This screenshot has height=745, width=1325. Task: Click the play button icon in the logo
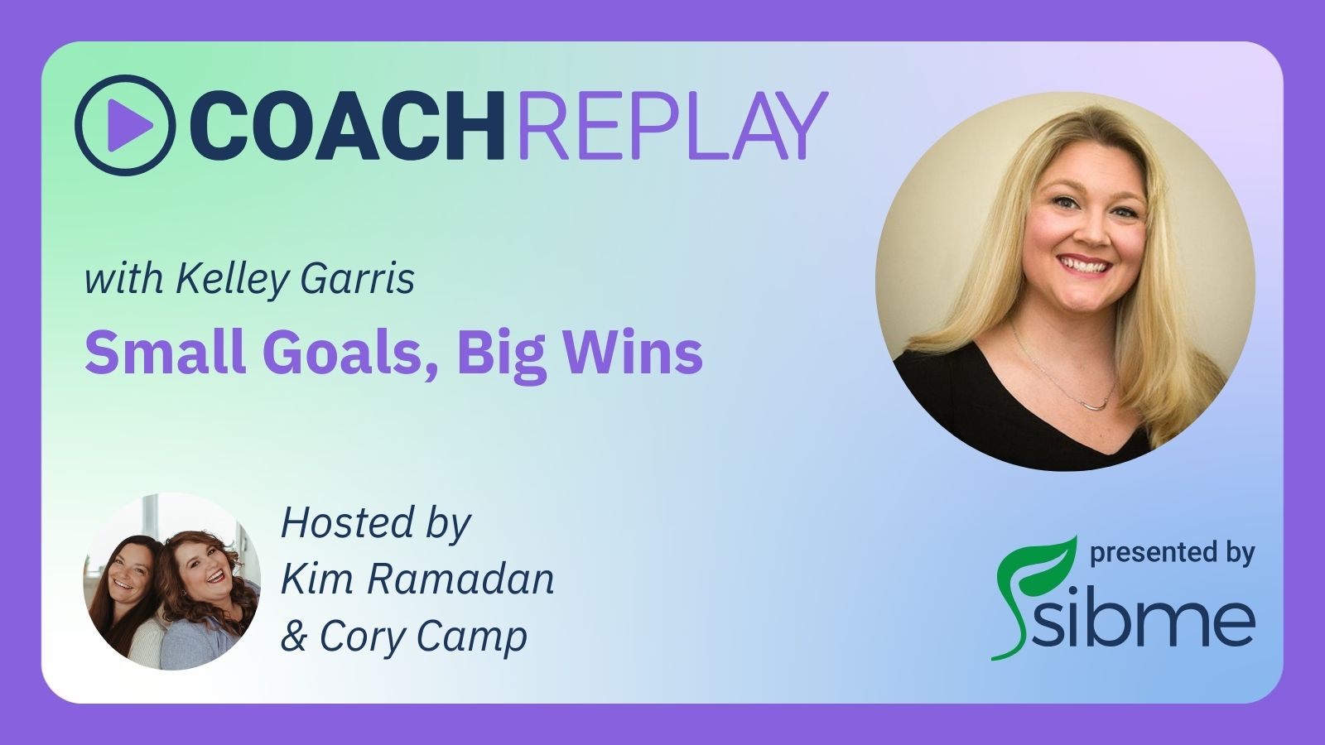pos(125,125)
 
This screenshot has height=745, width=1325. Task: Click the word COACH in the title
pos(347,125)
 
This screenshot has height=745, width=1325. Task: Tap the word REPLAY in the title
pos(672,125)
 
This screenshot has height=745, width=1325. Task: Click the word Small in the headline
pos(166,353)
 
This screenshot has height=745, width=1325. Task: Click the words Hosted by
pos(376,525)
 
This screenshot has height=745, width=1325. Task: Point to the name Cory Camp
pos(423,637)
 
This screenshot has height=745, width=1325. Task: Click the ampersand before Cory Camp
pos(294,636)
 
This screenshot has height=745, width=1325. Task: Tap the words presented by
pos(1172,554)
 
